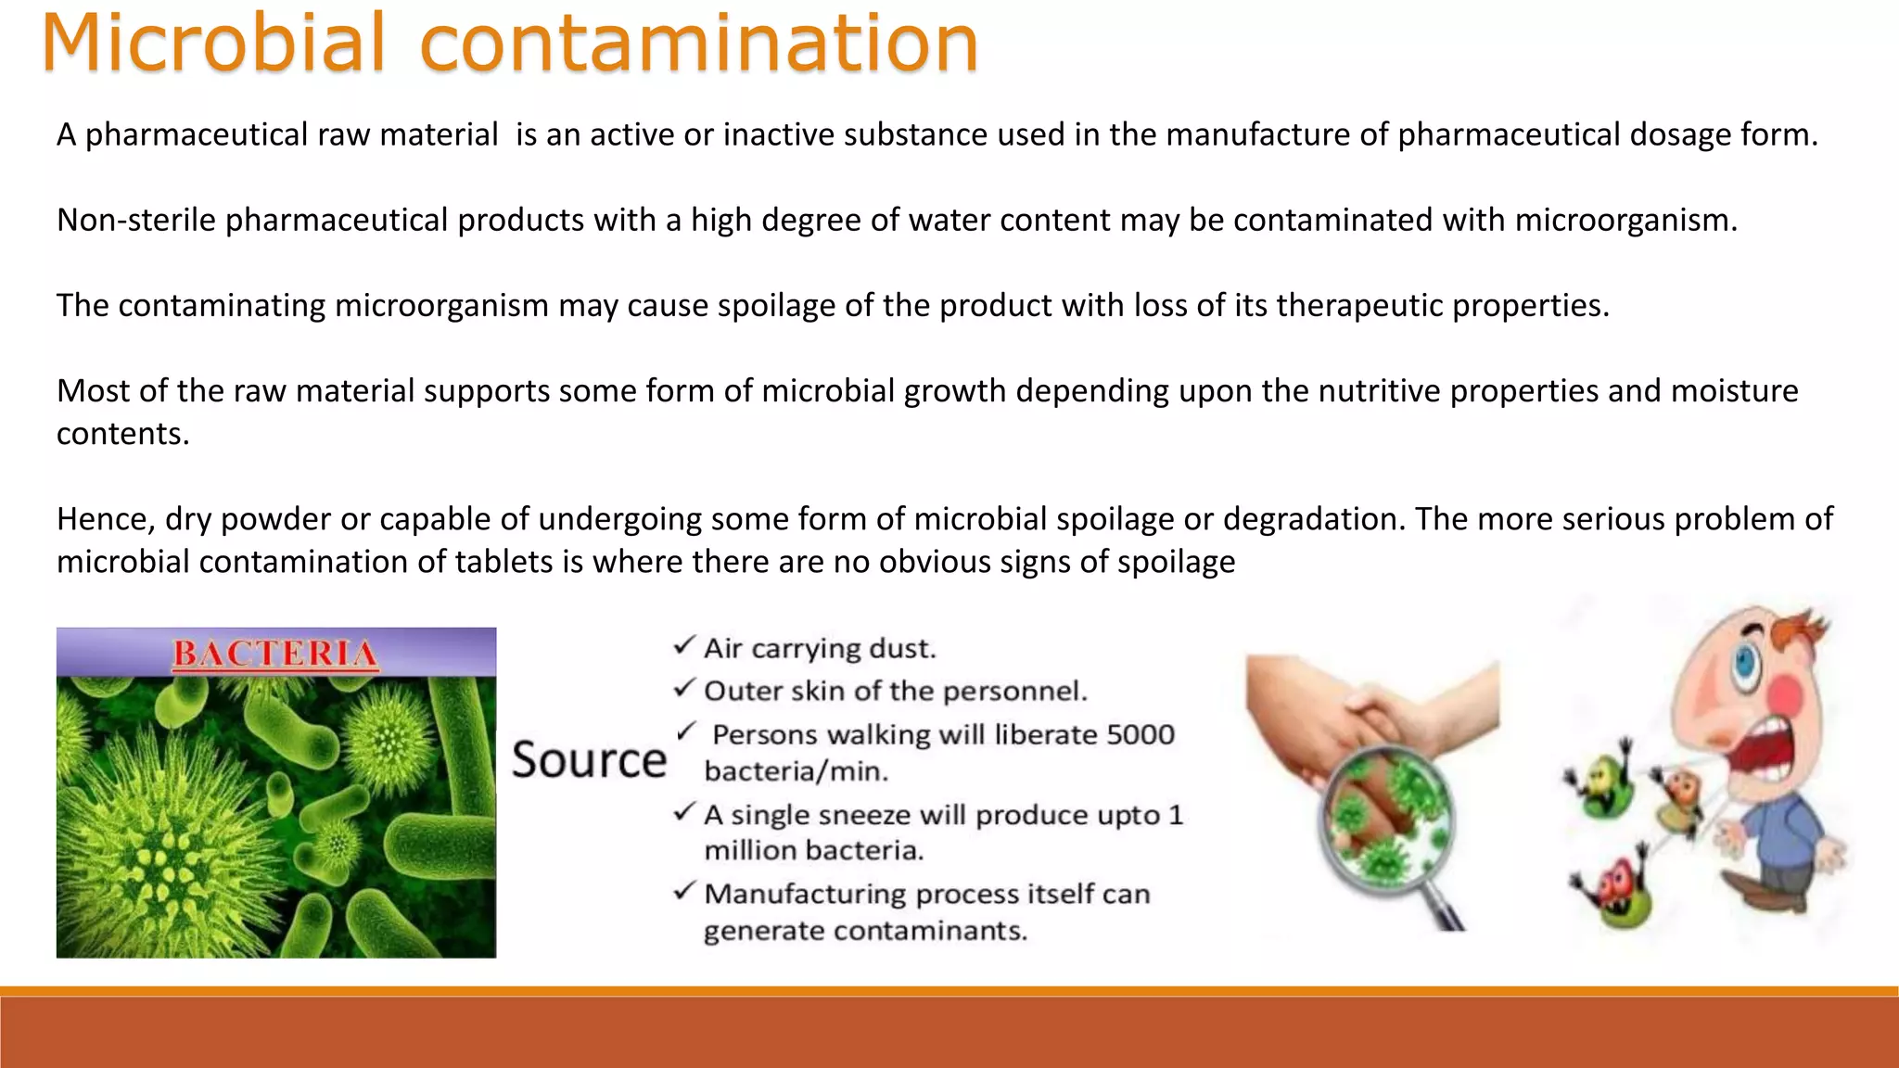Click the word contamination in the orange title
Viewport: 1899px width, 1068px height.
tap(699, 44)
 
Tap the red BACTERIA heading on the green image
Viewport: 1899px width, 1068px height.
tap(275, 654)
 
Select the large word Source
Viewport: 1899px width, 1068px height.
tap(589, 760)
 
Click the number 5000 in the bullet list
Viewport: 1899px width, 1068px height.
tap(1141, 734)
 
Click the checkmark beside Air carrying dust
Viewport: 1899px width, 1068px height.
tap(684, 645)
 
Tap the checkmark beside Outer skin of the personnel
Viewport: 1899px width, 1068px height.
tap(684, 688)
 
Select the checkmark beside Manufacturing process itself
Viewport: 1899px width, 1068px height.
tap(684, 891)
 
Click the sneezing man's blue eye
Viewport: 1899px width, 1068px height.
tap(1747, 661)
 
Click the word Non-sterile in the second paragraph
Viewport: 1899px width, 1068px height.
tap(136, 220)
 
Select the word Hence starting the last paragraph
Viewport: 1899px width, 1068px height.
tap(105, 518)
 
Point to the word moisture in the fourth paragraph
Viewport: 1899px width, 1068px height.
tap(1734, 390)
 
